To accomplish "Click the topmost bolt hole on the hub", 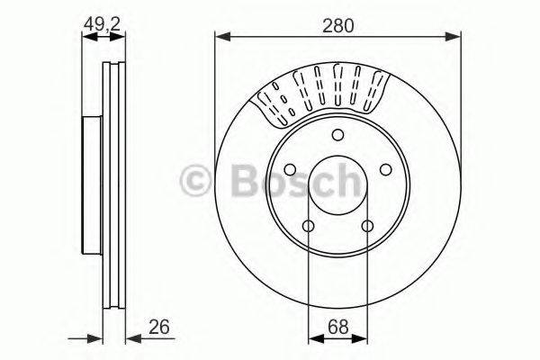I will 337,136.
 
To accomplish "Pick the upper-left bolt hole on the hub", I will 290,170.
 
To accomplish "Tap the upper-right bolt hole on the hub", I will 385,170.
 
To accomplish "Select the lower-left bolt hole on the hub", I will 308,226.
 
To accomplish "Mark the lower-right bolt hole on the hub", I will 367,226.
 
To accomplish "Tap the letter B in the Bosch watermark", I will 241,183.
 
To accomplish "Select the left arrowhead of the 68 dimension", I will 313,339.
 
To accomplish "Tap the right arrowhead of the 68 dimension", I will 363,339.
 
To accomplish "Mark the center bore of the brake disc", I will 337,189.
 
